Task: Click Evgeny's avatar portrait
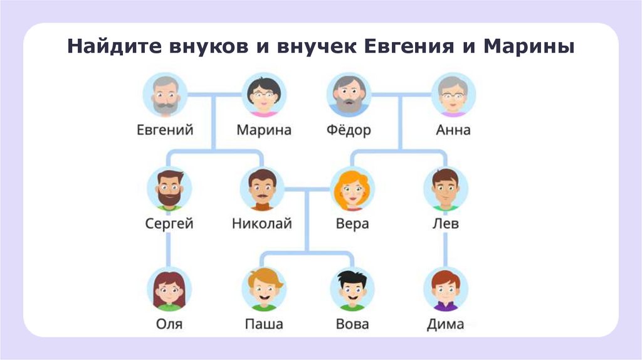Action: (165, 95)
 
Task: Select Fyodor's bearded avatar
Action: (349, 95)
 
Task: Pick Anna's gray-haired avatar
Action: (453, 95)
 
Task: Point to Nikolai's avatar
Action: (262, 189)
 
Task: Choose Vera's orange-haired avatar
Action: (352, 189)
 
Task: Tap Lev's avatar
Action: (446, 189)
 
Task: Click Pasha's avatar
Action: (263, 289)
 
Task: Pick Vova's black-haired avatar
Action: (352, 289)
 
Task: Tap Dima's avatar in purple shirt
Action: (446, 289)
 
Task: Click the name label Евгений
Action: (165, 130)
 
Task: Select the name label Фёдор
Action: (349, 130)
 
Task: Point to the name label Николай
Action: (262, 224)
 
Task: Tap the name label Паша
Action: (263, 324)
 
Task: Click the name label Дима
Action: (446, 324)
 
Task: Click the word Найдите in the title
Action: (110, 46)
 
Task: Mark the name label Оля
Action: (169, 324)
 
